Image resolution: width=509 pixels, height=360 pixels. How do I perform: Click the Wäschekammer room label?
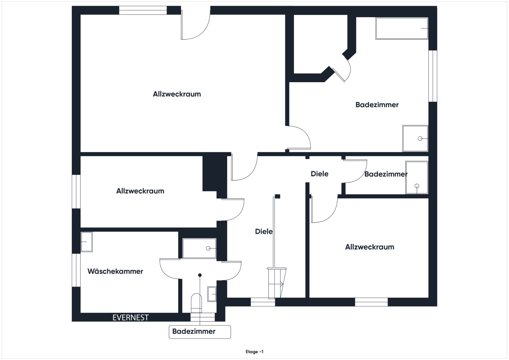tap(115, 271)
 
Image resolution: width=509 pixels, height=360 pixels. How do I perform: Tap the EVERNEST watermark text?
tap(130, 317)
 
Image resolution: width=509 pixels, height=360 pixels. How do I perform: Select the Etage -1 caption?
tap(254, 352)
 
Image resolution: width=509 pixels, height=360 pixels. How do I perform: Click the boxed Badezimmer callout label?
tap(194, 331)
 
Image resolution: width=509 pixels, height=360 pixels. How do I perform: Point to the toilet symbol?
tap(196, 303)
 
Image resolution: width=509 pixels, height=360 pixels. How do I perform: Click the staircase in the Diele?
tap(277, 283)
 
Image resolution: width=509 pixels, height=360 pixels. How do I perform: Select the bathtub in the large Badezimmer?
tap(402, 28)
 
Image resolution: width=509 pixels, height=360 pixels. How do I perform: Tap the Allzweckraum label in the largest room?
tap(177, 94)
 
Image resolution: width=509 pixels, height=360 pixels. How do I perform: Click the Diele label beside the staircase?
tap(264, 231)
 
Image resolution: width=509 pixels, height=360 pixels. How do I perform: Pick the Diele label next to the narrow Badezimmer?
tap(319, 174)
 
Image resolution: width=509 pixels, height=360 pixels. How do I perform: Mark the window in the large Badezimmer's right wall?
tap(433, 76)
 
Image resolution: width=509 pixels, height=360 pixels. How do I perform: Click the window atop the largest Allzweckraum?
tap(143, 10)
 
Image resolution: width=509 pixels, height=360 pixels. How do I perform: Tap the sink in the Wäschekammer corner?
tap(86, 242)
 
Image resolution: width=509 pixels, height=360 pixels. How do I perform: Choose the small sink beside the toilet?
tap(212, 294)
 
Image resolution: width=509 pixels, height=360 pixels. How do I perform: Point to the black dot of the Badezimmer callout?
tap(200, 275)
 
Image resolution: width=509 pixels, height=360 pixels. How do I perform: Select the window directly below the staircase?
tap(263, 302)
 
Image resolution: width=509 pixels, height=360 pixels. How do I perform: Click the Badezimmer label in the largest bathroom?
tap(377, 105)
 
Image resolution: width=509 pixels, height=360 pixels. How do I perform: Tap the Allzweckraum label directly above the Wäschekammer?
tap(140, 191)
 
